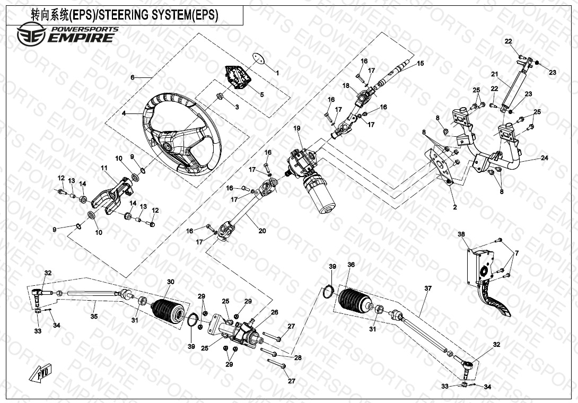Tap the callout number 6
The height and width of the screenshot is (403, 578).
click(x=132, y=77)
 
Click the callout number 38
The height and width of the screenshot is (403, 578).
click(x=461, y=234)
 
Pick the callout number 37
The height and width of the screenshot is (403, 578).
click(x=428, y=288)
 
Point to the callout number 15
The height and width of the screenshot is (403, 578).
click(x=421, y=64)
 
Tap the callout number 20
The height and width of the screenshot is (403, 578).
click(x=262, y=230)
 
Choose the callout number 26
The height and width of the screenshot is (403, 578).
click(x=274, y=312)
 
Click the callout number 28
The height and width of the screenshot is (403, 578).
click(x=298, y=358)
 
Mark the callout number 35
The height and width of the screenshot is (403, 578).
click(x=94, y=317)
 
